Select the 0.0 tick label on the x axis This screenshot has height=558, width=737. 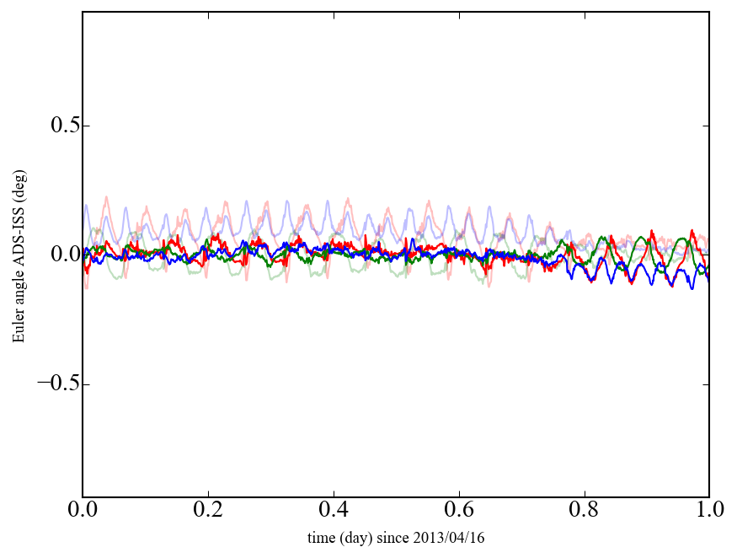(83, 511)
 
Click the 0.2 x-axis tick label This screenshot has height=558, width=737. (208, 511)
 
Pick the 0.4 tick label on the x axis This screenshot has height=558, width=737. (334, 511)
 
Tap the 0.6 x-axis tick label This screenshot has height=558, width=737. (459, 511)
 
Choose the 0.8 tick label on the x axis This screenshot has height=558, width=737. (584, 511)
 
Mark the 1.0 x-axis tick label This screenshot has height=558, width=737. (708, 511)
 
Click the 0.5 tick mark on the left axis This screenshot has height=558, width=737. (85, 126)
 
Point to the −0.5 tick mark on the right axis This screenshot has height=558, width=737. (706, 384)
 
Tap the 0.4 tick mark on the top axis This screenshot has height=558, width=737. (334, 14)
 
